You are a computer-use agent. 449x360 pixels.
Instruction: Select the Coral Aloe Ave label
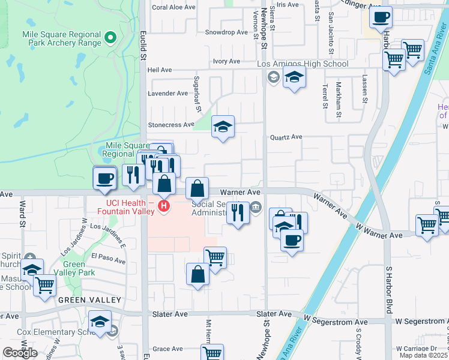pos(174,8)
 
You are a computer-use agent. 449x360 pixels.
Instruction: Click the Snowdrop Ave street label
pos(226,32)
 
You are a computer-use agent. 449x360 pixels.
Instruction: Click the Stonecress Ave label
pos(171,125)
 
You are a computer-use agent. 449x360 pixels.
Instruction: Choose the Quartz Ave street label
pos(286,137)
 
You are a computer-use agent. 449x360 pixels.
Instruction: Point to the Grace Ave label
pos(167,349)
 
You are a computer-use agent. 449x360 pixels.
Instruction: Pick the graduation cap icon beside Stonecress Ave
pos(223,127)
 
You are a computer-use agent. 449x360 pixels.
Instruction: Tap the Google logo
pos(20,353)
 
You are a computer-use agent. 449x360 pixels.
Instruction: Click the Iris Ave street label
pos(288,4)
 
